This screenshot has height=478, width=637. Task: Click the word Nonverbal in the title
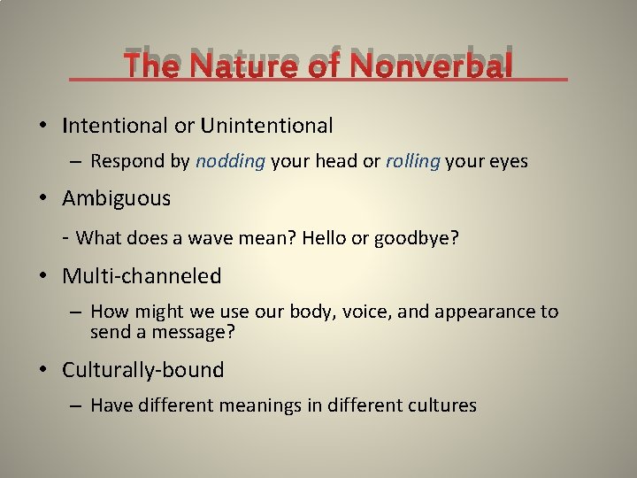coord(431,65)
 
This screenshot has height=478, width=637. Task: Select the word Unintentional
coord(266,126)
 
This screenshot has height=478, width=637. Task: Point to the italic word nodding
coord(231,162)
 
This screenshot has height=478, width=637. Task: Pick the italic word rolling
coord(413,162)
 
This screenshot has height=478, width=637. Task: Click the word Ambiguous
coord(116,198)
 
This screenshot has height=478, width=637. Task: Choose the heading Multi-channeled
coord(142,276)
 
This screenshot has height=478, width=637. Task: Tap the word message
coord(202,334)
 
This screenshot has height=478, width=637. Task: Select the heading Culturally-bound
coord(142,370)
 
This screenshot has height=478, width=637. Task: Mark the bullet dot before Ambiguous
coord(44,198)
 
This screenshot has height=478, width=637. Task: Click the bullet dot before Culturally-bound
coord(44,370)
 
